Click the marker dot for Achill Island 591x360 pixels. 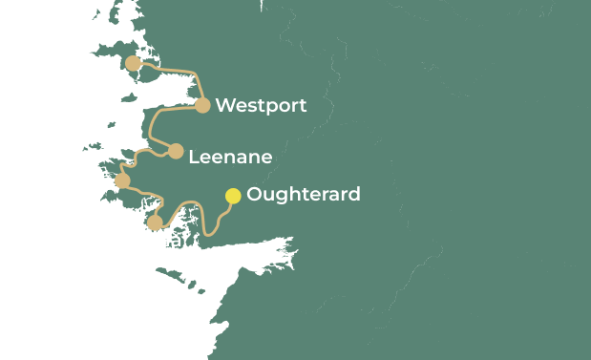133,63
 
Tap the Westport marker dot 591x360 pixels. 202,105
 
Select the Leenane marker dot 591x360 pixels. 176,151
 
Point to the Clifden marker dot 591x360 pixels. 122,180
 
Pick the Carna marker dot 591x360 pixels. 155,222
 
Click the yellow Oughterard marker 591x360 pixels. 233,196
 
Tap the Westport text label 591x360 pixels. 261,105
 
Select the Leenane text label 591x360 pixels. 230,157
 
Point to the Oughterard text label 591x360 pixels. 303,194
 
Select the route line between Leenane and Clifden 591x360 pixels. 139,154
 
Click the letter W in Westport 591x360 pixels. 225,105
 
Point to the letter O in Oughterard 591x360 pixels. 254,194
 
